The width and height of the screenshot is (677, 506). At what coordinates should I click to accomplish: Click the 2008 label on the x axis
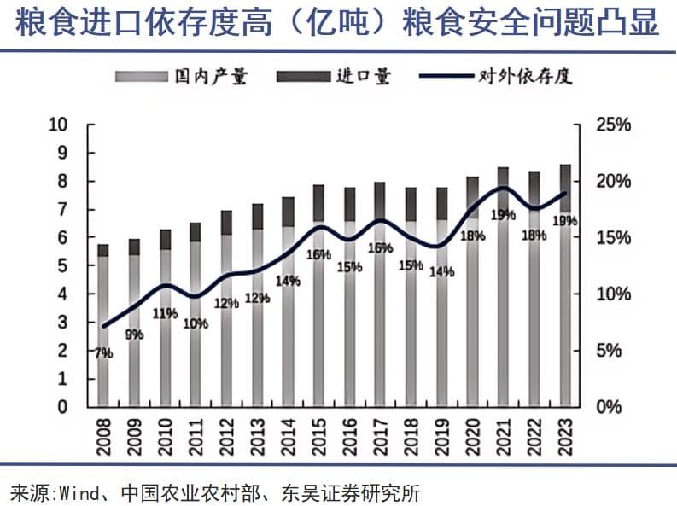102,434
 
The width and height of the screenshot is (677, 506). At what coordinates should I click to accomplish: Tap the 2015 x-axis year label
318,434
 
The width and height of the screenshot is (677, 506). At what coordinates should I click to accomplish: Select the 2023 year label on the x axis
564,434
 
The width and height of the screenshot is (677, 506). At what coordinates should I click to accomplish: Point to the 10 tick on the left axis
58,124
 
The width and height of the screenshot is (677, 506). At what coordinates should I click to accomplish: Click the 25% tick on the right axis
613,125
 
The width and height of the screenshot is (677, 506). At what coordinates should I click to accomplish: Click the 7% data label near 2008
103,352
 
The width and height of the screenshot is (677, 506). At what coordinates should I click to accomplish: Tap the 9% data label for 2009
134,334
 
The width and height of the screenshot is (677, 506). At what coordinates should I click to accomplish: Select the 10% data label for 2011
196,323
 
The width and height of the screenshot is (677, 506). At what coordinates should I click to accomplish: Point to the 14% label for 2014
289,281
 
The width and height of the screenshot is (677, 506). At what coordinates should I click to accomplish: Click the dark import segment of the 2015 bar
318,202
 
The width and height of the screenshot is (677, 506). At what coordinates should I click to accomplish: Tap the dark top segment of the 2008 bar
103,250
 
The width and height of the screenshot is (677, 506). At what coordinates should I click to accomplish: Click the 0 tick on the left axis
62,406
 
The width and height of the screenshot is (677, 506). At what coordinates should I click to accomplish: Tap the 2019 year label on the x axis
441,434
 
